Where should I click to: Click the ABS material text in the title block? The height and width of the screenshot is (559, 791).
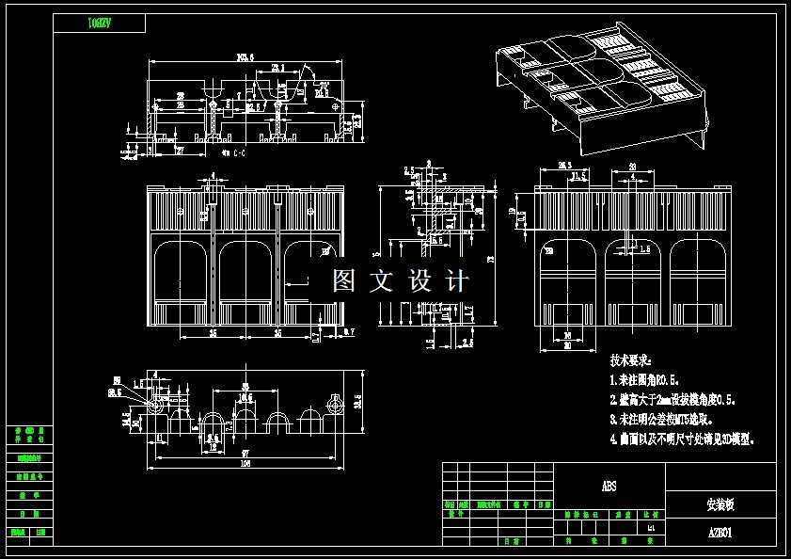[x=609, y=487]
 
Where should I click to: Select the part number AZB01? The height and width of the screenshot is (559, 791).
[x=720, y=532]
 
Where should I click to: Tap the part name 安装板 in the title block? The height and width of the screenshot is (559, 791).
[x=720, y=504]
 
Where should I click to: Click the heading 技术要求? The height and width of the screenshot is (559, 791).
[x=630, y=360]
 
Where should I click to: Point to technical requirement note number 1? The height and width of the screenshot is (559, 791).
[x=658, y=380]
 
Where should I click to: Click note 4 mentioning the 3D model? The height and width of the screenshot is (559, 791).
[x=682, y=439]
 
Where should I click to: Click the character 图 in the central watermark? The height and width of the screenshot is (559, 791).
[x=345, y=280]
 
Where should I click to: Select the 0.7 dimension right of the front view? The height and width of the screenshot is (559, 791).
[x=349, y=332]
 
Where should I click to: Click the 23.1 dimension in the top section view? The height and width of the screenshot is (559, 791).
[x=277, y=68]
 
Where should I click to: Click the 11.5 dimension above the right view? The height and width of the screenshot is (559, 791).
[x=578, y=175]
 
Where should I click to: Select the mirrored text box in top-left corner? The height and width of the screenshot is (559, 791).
[x=100, y=24]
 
